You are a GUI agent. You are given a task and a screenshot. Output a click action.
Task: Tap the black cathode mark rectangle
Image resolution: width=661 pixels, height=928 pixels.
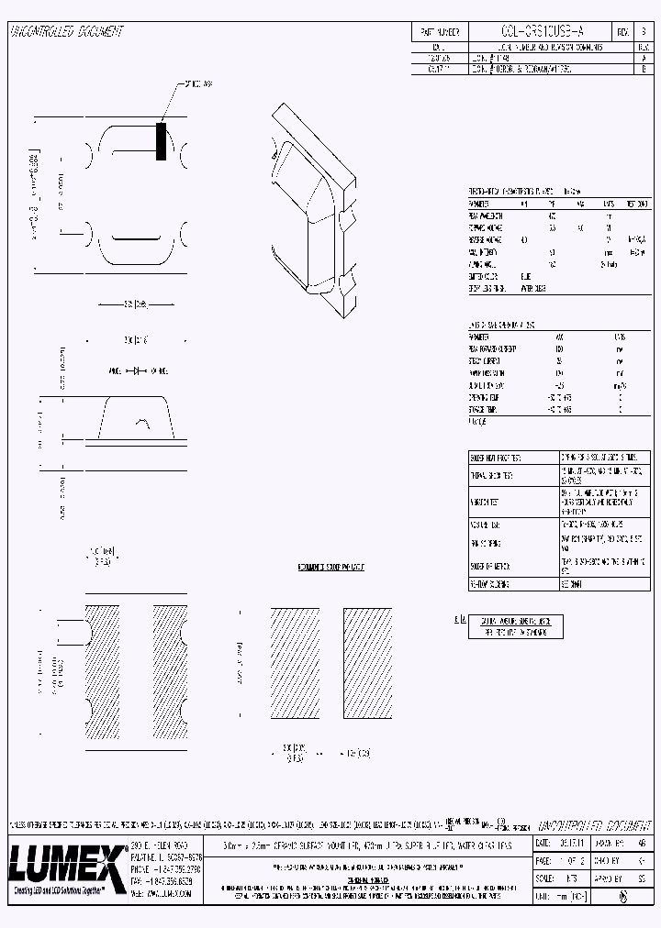point(162,141)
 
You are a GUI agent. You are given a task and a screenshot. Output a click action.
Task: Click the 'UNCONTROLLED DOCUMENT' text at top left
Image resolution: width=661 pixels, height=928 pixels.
point(66,32)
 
